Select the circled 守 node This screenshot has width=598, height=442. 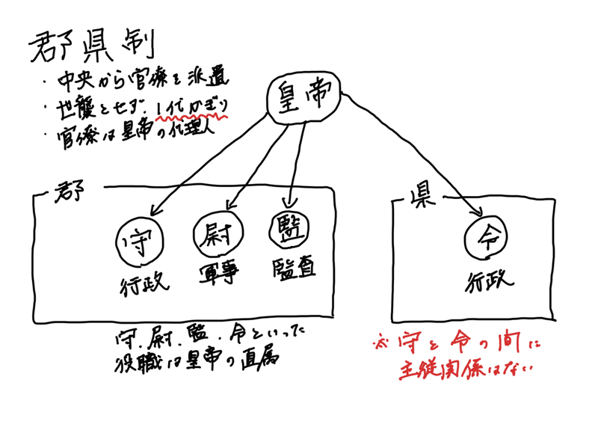click(141, 239)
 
